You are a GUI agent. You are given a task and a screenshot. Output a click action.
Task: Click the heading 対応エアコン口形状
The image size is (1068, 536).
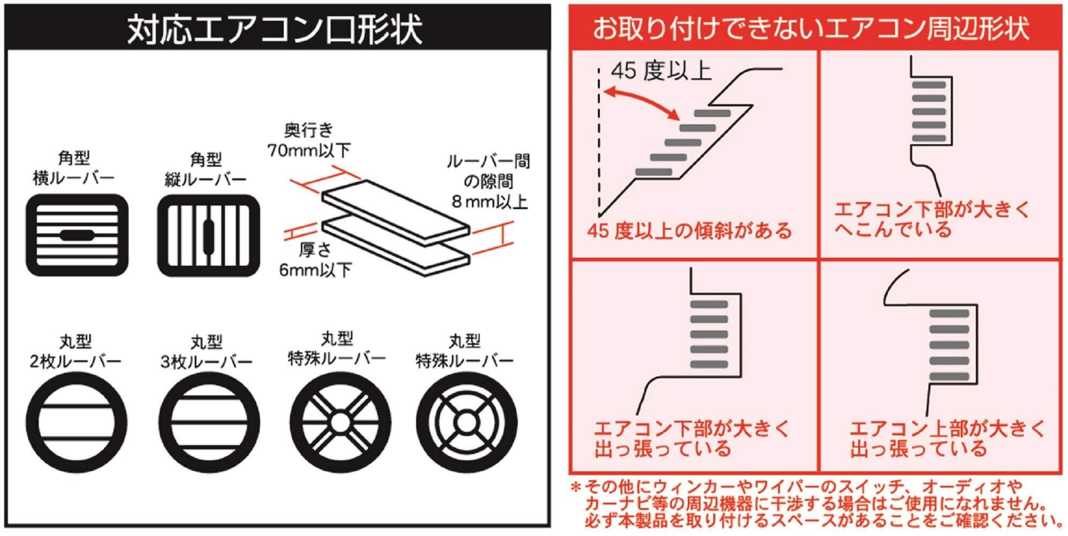[x=275, y=29]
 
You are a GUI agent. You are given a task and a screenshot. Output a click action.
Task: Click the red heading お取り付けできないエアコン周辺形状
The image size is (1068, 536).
[x=811, y=28]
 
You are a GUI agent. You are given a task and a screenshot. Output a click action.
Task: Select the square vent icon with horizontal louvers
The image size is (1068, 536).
[x=77, y=235]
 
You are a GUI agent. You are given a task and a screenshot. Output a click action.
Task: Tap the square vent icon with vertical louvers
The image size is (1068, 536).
[x=209, y=235]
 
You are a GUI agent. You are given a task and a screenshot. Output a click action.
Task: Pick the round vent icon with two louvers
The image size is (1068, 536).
[x=77, y=423]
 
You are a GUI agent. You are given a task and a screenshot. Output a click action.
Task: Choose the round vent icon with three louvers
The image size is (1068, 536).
[x=209, y=423]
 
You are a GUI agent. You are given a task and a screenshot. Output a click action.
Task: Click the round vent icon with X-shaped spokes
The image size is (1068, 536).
[x=340, y=422]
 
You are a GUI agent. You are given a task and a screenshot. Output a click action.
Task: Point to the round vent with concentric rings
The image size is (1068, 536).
[x=466, y=422]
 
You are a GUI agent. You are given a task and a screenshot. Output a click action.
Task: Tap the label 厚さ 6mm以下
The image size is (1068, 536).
[x=315, y=260]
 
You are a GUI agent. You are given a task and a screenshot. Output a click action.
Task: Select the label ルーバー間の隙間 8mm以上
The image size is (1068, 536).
[x=488, y=182]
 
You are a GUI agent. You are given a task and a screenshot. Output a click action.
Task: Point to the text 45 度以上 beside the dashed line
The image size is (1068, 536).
[x=661, y=71]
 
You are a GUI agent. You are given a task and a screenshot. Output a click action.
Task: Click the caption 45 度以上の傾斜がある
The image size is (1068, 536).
[x=689, y=231]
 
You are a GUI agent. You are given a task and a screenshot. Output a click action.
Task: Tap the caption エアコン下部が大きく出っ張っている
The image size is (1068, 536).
[x=692, y=438]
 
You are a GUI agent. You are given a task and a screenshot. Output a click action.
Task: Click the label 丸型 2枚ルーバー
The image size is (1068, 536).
[x=76, y=352]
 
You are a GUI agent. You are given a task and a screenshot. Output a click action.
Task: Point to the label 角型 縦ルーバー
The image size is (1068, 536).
[x=206, y=169]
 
